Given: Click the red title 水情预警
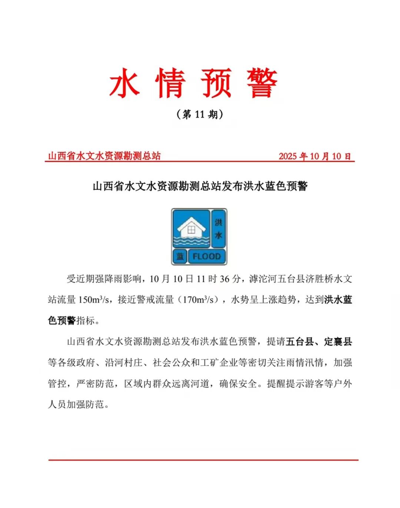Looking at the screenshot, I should click(193, 83).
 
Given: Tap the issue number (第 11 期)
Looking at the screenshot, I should click(200, 114).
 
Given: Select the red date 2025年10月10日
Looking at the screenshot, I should click(315, 156).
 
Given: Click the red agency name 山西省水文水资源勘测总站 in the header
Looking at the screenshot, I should click(104, 156).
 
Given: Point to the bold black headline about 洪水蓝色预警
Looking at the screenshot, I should click(200, 186).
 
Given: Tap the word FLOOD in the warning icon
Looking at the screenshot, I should click(206, 256).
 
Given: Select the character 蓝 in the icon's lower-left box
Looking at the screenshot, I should click(180, 256).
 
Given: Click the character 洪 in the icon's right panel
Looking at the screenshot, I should click(219, 222).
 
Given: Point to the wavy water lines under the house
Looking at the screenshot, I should click(191, 241).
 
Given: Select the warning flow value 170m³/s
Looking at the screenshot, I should click(198, 299).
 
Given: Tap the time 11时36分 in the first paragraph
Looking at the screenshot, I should click(219, 278).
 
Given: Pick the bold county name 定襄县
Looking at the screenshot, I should click(338, 342).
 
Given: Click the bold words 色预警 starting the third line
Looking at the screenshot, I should click(62, 320).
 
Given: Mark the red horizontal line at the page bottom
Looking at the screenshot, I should click(203, 460).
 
